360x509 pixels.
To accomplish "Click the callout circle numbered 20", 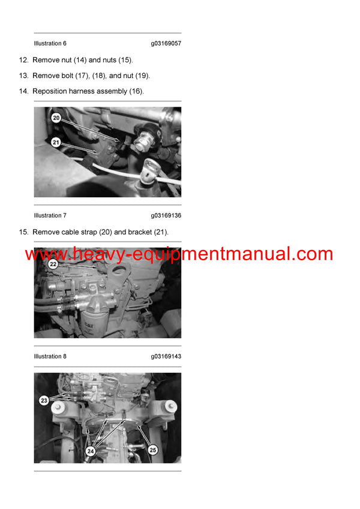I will click(56, 119).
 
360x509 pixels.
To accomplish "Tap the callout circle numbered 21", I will click(56, 142).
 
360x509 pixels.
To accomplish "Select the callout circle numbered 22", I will click(53, 264).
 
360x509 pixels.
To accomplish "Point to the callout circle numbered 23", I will click(44, 400).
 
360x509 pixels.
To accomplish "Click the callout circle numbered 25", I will click(152, 449).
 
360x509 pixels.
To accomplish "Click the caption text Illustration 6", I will click(50, 43).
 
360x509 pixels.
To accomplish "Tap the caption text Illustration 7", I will click(50, 215).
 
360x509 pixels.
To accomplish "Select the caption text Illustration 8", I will click(50, 356).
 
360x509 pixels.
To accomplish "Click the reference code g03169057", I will click(166, 43).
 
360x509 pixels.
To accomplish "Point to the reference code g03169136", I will click(166, 215).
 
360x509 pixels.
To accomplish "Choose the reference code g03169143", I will click(166, 356).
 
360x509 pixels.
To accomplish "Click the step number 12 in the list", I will click(23, 60).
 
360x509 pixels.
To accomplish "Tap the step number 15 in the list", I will click(23, 232).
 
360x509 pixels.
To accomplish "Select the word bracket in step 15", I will click(142, 232).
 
